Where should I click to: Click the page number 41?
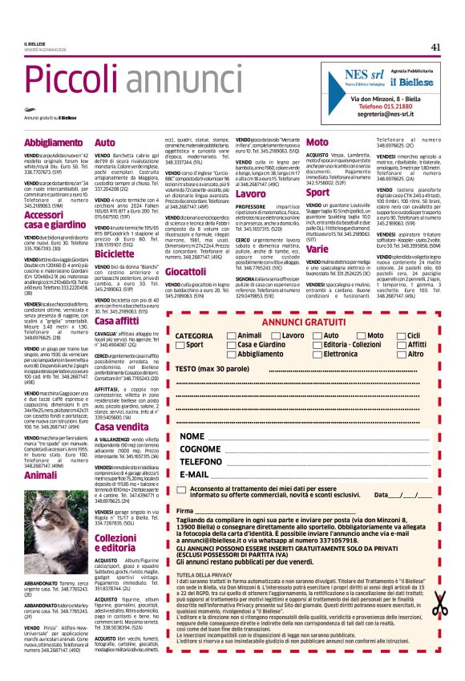click(435, 47)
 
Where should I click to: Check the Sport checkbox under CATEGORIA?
click(180, 344)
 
